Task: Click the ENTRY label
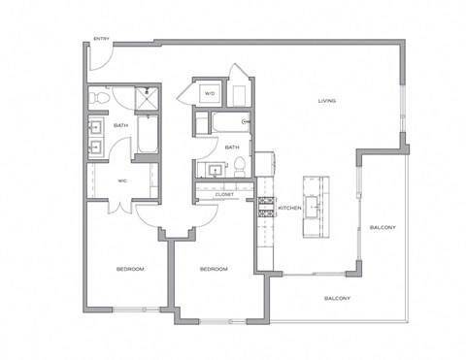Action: [x=101, y=39]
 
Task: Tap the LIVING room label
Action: [x=327, y=101]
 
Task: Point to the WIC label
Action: [x=123, y=180]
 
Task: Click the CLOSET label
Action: [x=225, y=194]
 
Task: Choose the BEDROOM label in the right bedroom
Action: [x=213, y=269]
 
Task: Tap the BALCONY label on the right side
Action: [x=383, y=228]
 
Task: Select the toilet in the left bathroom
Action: [x=96, y=98]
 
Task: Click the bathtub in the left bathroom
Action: [x=149, y=135]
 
